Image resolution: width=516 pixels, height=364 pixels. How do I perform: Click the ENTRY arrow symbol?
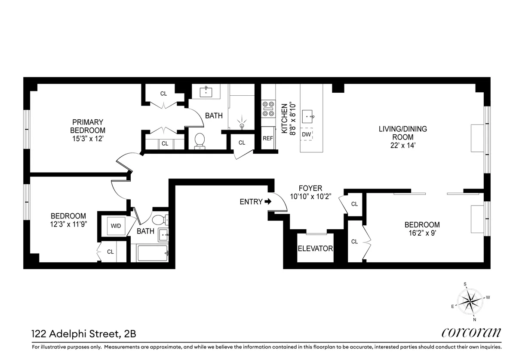pyautogui.click(x=268, y=201)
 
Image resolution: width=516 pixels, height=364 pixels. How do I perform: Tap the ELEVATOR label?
pyautogui.click(x=315, y=249)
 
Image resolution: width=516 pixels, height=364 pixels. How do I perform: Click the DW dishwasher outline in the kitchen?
pyautogui.click(x=306, y=134)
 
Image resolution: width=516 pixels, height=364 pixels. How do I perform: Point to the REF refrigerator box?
pyautogui.click(x=268, y=138)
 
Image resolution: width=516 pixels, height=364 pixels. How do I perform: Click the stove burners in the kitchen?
pyautogui.click(x=268, y=109)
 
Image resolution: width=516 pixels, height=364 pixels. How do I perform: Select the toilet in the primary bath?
pyautogui.click(x=200, y=140)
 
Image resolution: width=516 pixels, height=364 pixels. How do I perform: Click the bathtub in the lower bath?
pyautogui.click(x=153, y=253)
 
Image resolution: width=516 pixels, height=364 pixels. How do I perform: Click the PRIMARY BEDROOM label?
pyautogui.click(x=88, y=126)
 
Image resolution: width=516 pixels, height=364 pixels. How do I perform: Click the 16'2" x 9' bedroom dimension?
pyautogui.click(x=422, y=234)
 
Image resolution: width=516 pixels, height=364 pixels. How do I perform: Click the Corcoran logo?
pyautogui.click(x=471, y=333)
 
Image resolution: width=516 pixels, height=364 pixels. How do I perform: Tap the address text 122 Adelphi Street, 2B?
pyautogui.click(x=84, y=333)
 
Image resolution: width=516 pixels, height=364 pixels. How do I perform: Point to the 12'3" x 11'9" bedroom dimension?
pyautogui.click(x=68, y=224)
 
